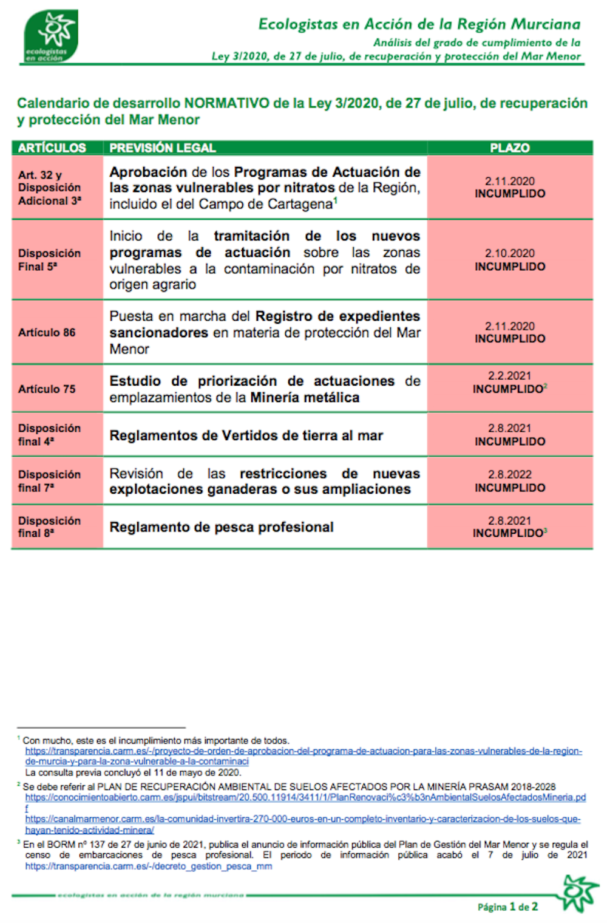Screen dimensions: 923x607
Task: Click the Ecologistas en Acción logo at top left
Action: coord(52,36)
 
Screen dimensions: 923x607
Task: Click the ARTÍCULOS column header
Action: coord(52,148)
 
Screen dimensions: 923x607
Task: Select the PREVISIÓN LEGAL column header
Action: coord(162,148)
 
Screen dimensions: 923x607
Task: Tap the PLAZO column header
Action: coord(509,148)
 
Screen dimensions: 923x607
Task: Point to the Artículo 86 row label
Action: coord(47,332)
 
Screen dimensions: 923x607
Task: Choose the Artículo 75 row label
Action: coord(47,389)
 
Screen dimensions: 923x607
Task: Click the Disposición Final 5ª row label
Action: coord(49,259)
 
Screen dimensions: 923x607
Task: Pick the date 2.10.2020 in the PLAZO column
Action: coord(509,253)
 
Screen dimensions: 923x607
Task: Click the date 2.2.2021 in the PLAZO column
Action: coord(509,376)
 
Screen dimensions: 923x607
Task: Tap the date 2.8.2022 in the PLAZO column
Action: coord(509,474)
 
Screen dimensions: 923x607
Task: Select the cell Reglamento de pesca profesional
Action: coord(222,527)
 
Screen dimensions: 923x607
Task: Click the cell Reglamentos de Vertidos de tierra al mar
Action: coord(246,435)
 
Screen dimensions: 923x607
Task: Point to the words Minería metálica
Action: coord(305,398)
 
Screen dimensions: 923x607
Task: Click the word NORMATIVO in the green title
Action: coord(227,103)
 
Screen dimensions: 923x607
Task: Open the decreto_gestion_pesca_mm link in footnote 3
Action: coord(149,867)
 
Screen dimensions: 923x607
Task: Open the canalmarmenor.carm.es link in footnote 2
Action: coord(302,819)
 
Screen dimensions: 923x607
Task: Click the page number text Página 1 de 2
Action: coord(507,907)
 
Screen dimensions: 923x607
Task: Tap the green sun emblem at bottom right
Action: coord(580,893)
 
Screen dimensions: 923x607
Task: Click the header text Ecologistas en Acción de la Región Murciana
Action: coord(419,24)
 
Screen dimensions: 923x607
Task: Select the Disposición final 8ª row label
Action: coord(49,526)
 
